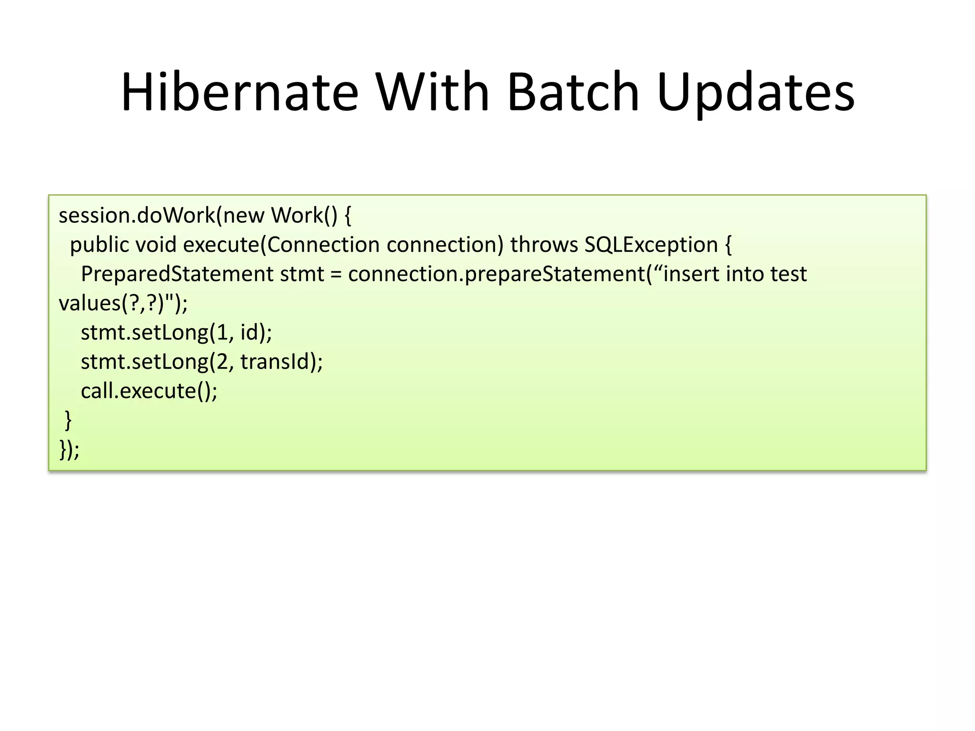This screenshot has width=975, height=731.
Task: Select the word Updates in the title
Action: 756,93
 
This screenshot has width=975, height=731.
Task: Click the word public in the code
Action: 99,245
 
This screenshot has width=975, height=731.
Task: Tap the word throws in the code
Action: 544,245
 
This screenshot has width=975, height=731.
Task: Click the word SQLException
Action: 651,245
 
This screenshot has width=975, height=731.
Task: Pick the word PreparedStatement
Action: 177,274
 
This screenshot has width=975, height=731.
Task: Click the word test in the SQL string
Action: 788,274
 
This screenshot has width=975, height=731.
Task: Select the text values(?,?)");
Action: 123,303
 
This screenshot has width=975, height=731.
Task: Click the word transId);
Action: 281,362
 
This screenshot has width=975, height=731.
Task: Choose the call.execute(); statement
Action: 149,391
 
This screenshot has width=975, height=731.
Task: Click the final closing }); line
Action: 70,450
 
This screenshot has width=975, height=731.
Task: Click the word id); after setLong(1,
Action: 256,333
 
